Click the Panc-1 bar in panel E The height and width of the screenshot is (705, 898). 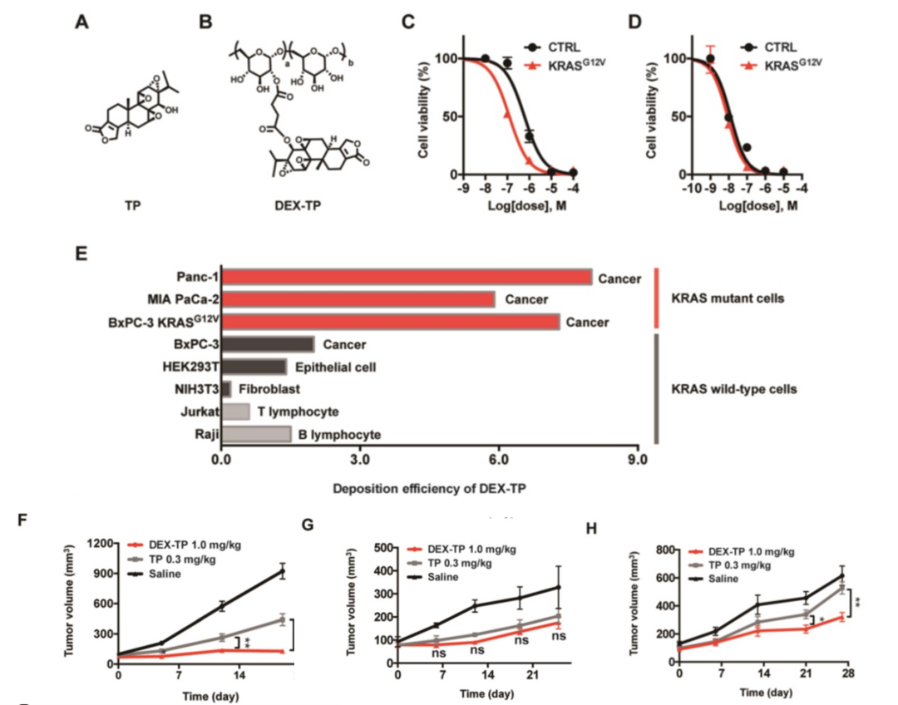pyautogui.click(x=407, y=278)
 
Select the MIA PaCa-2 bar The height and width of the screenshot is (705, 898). pyautogui.click(x=358, y=299)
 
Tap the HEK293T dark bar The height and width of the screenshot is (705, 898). pyautogui.click(x=254, y=367)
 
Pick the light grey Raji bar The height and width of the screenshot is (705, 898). pyautogui.click(x=256, y=434)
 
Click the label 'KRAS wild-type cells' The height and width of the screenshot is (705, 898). pyautogui.click(x=730, y=387)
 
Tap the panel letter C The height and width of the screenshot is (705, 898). pyautogui.click(x=408, y=23)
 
